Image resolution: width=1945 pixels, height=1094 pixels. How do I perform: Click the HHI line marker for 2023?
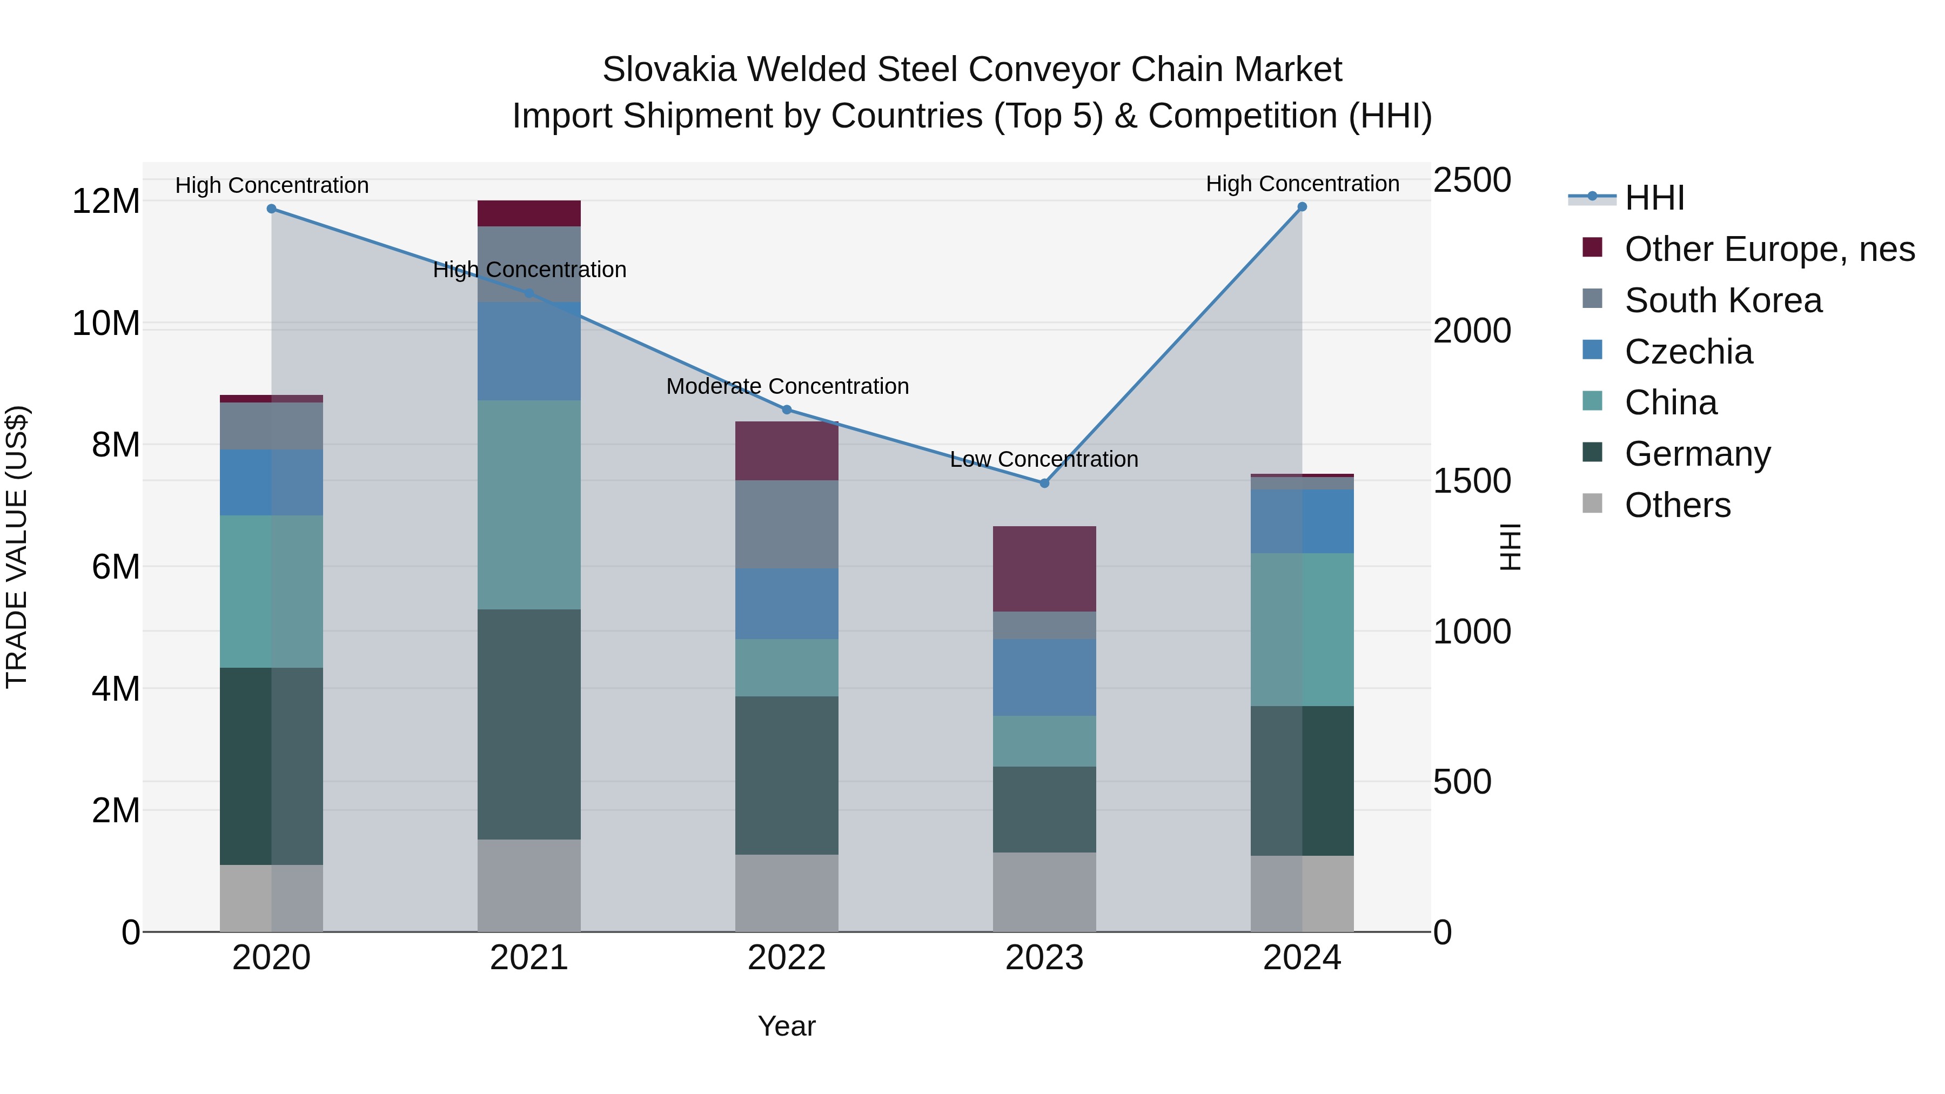[1044, 483]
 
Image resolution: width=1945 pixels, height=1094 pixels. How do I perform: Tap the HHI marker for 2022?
[787, 410]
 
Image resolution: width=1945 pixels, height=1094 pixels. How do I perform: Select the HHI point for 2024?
[1302, 207]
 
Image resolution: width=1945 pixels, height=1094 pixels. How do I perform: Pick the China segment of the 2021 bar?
[528, 505]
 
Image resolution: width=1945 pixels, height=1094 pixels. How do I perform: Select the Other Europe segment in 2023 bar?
[1044, 568]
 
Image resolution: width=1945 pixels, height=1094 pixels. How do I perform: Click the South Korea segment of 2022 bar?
[787, 524]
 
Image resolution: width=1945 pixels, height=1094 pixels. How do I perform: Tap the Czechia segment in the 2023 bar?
[1044, 677]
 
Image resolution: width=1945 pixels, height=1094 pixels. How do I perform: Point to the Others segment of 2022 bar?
[787, 892]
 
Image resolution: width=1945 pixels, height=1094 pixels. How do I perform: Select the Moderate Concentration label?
[787, 386]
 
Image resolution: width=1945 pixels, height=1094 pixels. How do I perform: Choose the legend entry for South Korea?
[1723, 300]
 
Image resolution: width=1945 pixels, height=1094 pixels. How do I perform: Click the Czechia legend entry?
[1688, 352]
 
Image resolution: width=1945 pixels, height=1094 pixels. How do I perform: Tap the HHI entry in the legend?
[1654, 198]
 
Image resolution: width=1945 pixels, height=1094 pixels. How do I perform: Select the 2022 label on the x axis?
[787, 958]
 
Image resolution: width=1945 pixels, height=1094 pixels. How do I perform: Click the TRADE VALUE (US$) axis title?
[17, 547]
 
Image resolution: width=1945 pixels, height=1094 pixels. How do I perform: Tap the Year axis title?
[787, 1026]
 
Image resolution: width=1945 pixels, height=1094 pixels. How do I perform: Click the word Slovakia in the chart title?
[668, 70]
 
